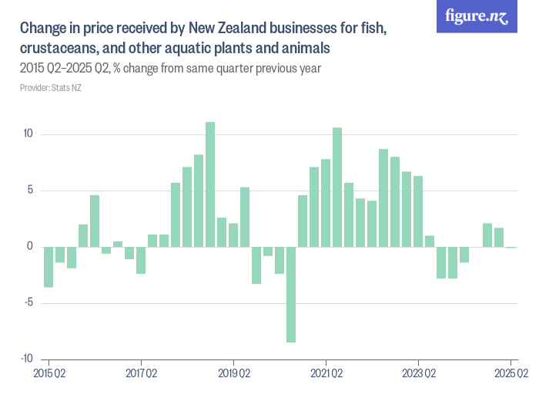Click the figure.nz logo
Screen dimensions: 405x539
477,17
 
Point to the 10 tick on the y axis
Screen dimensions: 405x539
28,134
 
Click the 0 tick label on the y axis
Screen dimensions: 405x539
30,247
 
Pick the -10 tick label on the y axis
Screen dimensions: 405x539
26,359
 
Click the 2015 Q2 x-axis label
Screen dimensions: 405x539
49,374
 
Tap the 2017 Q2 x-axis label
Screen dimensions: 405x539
141,374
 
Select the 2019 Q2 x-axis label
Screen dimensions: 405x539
233,374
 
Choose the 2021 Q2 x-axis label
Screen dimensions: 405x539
326,374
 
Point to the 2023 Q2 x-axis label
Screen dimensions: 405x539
418,374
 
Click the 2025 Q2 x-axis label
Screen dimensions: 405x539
511,374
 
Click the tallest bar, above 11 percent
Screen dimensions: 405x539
210,184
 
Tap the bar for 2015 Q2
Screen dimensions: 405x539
49,267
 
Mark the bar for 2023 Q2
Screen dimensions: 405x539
418,211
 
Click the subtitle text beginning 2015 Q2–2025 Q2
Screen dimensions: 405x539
169,68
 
